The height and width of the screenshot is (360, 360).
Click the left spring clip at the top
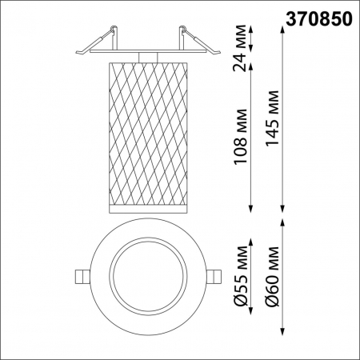click(94, 42)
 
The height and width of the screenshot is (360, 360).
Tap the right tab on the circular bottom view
click(214, 274)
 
